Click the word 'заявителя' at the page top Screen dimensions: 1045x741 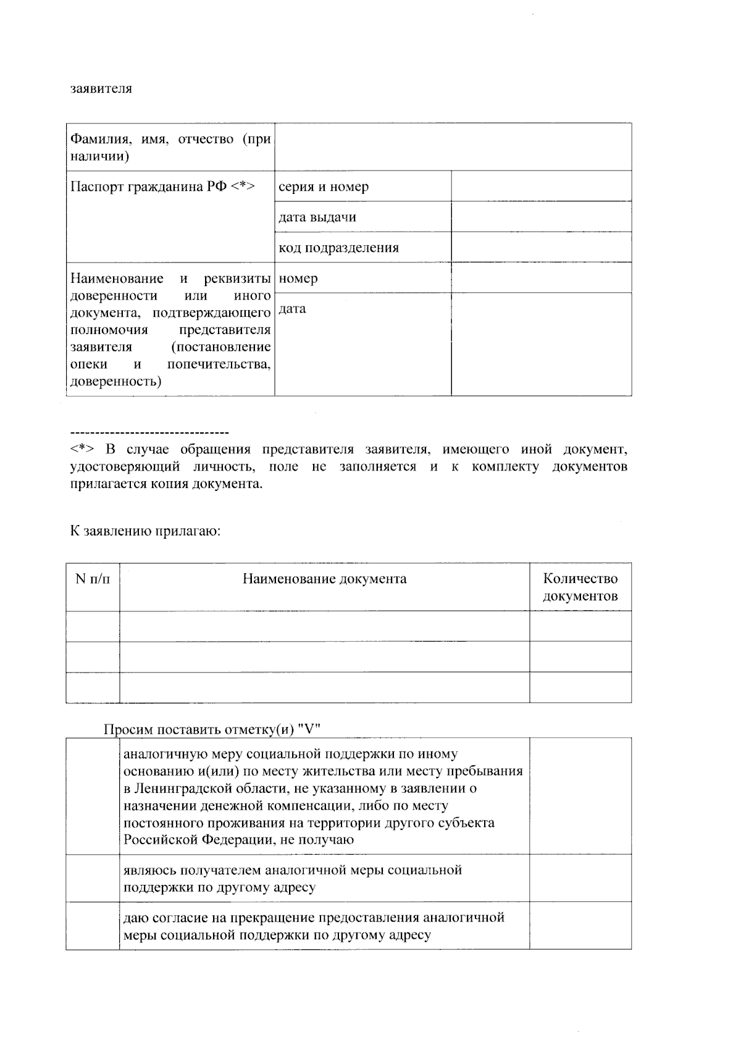coord(101,88)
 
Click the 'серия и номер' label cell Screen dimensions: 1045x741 coord(362,187)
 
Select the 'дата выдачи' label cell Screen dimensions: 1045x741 coord(362,217)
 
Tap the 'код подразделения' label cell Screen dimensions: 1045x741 coord(362,248)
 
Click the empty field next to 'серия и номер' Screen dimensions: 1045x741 coord(541,187)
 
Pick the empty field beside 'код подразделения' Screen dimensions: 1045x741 coord(541,248)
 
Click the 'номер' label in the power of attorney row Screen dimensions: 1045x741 coord(298,278)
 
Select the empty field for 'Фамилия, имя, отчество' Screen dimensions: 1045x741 coord(453,147)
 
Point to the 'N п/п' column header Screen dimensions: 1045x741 coord(93,579)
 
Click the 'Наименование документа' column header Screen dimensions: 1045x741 coord(324,579)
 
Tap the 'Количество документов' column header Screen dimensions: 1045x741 coord(580,587)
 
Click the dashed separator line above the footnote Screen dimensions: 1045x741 coord(149,432)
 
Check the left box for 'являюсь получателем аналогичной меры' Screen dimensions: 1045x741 coord(93,878)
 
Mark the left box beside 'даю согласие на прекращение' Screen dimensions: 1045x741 coord(93,925)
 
